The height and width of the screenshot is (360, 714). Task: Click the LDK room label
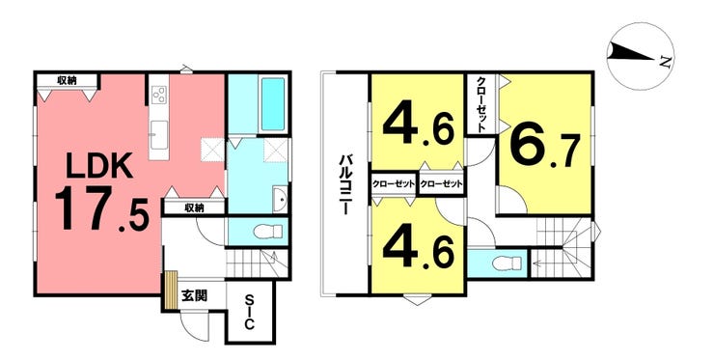click(x=99, y=165)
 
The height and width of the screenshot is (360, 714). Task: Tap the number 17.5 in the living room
click(x=101, y=210)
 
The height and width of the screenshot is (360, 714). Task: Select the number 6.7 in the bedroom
click(x=545, y=148)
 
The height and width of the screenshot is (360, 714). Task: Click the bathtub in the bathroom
click(x=273, y=103)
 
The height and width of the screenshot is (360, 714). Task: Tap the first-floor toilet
click(x=268, y=233)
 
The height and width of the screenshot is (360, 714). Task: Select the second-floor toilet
click(x=507, y=263)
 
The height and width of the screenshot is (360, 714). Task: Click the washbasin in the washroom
click(x=280, y=200)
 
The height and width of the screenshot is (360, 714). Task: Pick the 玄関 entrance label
click(x=195, y=295)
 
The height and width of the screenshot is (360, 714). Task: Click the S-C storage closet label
click(x=249, y=312)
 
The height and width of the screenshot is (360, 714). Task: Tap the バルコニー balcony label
click(x=344, y=184)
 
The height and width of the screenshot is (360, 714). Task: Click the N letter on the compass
click(x=666, y=62)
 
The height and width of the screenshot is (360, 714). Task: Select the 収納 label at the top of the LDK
click(x=67, y=81)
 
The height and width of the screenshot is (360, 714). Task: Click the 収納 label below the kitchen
click(x=195, y=208)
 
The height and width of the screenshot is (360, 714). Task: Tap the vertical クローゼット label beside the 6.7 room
click(x=481, y=104)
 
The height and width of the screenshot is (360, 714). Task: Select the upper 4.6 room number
click(x=419, y=127)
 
